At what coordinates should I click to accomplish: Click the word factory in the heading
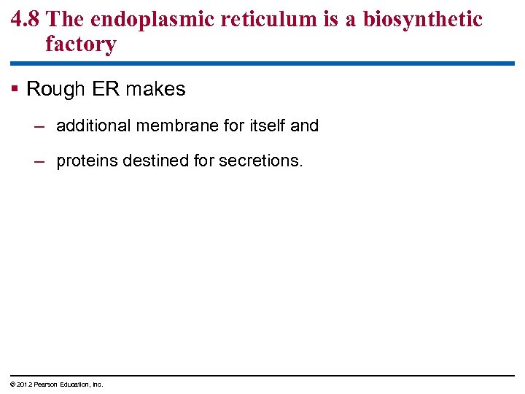click(80, 44)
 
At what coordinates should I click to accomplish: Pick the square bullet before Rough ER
click(15, 90)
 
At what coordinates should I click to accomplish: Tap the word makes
click(156, 90)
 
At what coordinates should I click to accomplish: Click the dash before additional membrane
click(40, 125)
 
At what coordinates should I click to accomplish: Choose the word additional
click(93, 125)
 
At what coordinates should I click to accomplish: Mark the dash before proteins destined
click(40, 161)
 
